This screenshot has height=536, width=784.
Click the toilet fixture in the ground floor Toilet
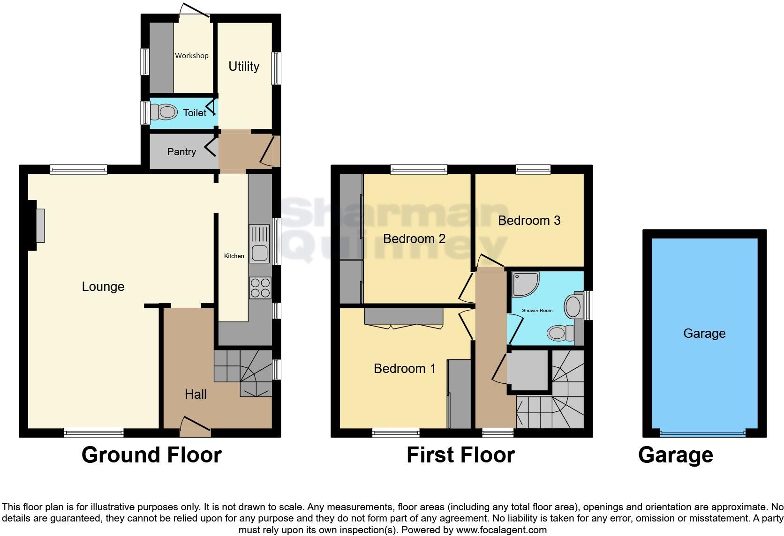click(166, 112)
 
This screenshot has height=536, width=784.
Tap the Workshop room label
click(191, 55)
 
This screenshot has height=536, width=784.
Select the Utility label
click(244, 67)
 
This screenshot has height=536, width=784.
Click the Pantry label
click(181, 152)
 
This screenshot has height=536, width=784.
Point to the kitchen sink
click(259, 244)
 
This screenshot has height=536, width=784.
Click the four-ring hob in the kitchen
click(260, 288)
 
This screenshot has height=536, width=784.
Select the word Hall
click(196, 395)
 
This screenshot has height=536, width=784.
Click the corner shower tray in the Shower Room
click(525, 284)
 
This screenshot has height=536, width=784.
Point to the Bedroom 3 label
click(529, 221)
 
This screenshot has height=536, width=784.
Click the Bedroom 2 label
click(414, 239)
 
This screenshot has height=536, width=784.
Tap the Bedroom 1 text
click(405, 369)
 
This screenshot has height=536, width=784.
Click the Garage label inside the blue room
click(704, 334)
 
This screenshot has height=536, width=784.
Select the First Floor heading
click(460, 455)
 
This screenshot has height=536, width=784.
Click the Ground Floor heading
click(151, 455)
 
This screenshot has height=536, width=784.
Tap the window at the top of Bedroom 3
click(533, 170)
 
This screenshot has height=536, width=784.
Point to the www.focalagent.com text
click(501, 530)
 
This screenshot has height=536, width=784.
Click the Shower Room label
click(537, 311)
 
